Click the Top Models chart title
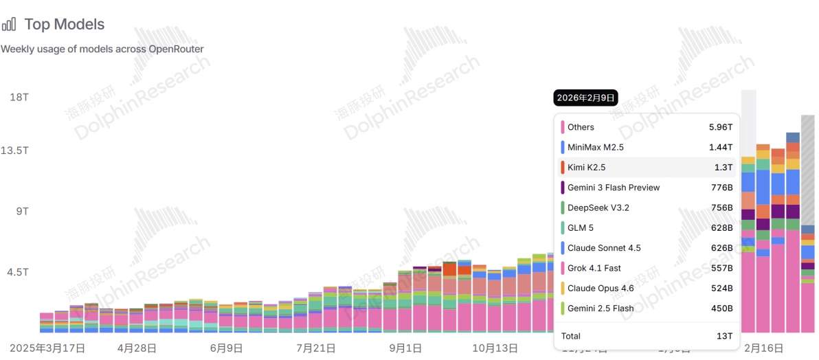pyautogui.click(x=65, y=25)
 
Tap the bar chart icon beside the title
pyautogui.click(x=9, y=25)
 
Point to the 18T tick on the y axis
pyautogui.click(x=19, y=97)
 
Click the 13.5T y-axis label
pyautogui.click(x=14, y=150)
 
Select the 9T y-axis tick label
pyautogui.click(x=21, y=211)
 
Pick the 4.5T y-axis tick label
pyautogui.click(x=18, y=272)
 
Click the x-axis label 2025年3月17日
pyautogui.click(x=47, y=348)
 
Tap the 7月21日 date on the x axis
pyautogui.click(x=317, y=348)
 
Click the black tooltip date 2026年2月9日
pyautogui.click(x=585, y=98)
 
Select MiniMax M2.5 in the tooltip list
pyautogui.click(x=595, y=147)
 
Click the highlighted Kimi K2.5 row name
pyautogui.click(x=586, y=167)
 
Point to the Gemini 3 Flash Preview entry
pyautogui.click(x=613, y=188)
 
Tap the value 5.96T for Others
pyautogui.click(x=721, y=127)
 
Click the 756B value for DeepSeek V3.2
pyautogui.click(x=721, y=207)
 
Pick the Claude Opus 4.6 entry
pyautogui.click(x=601, y=288)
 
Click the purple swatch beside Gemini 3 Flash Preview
pyautogui.click(x=563, y=188)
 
